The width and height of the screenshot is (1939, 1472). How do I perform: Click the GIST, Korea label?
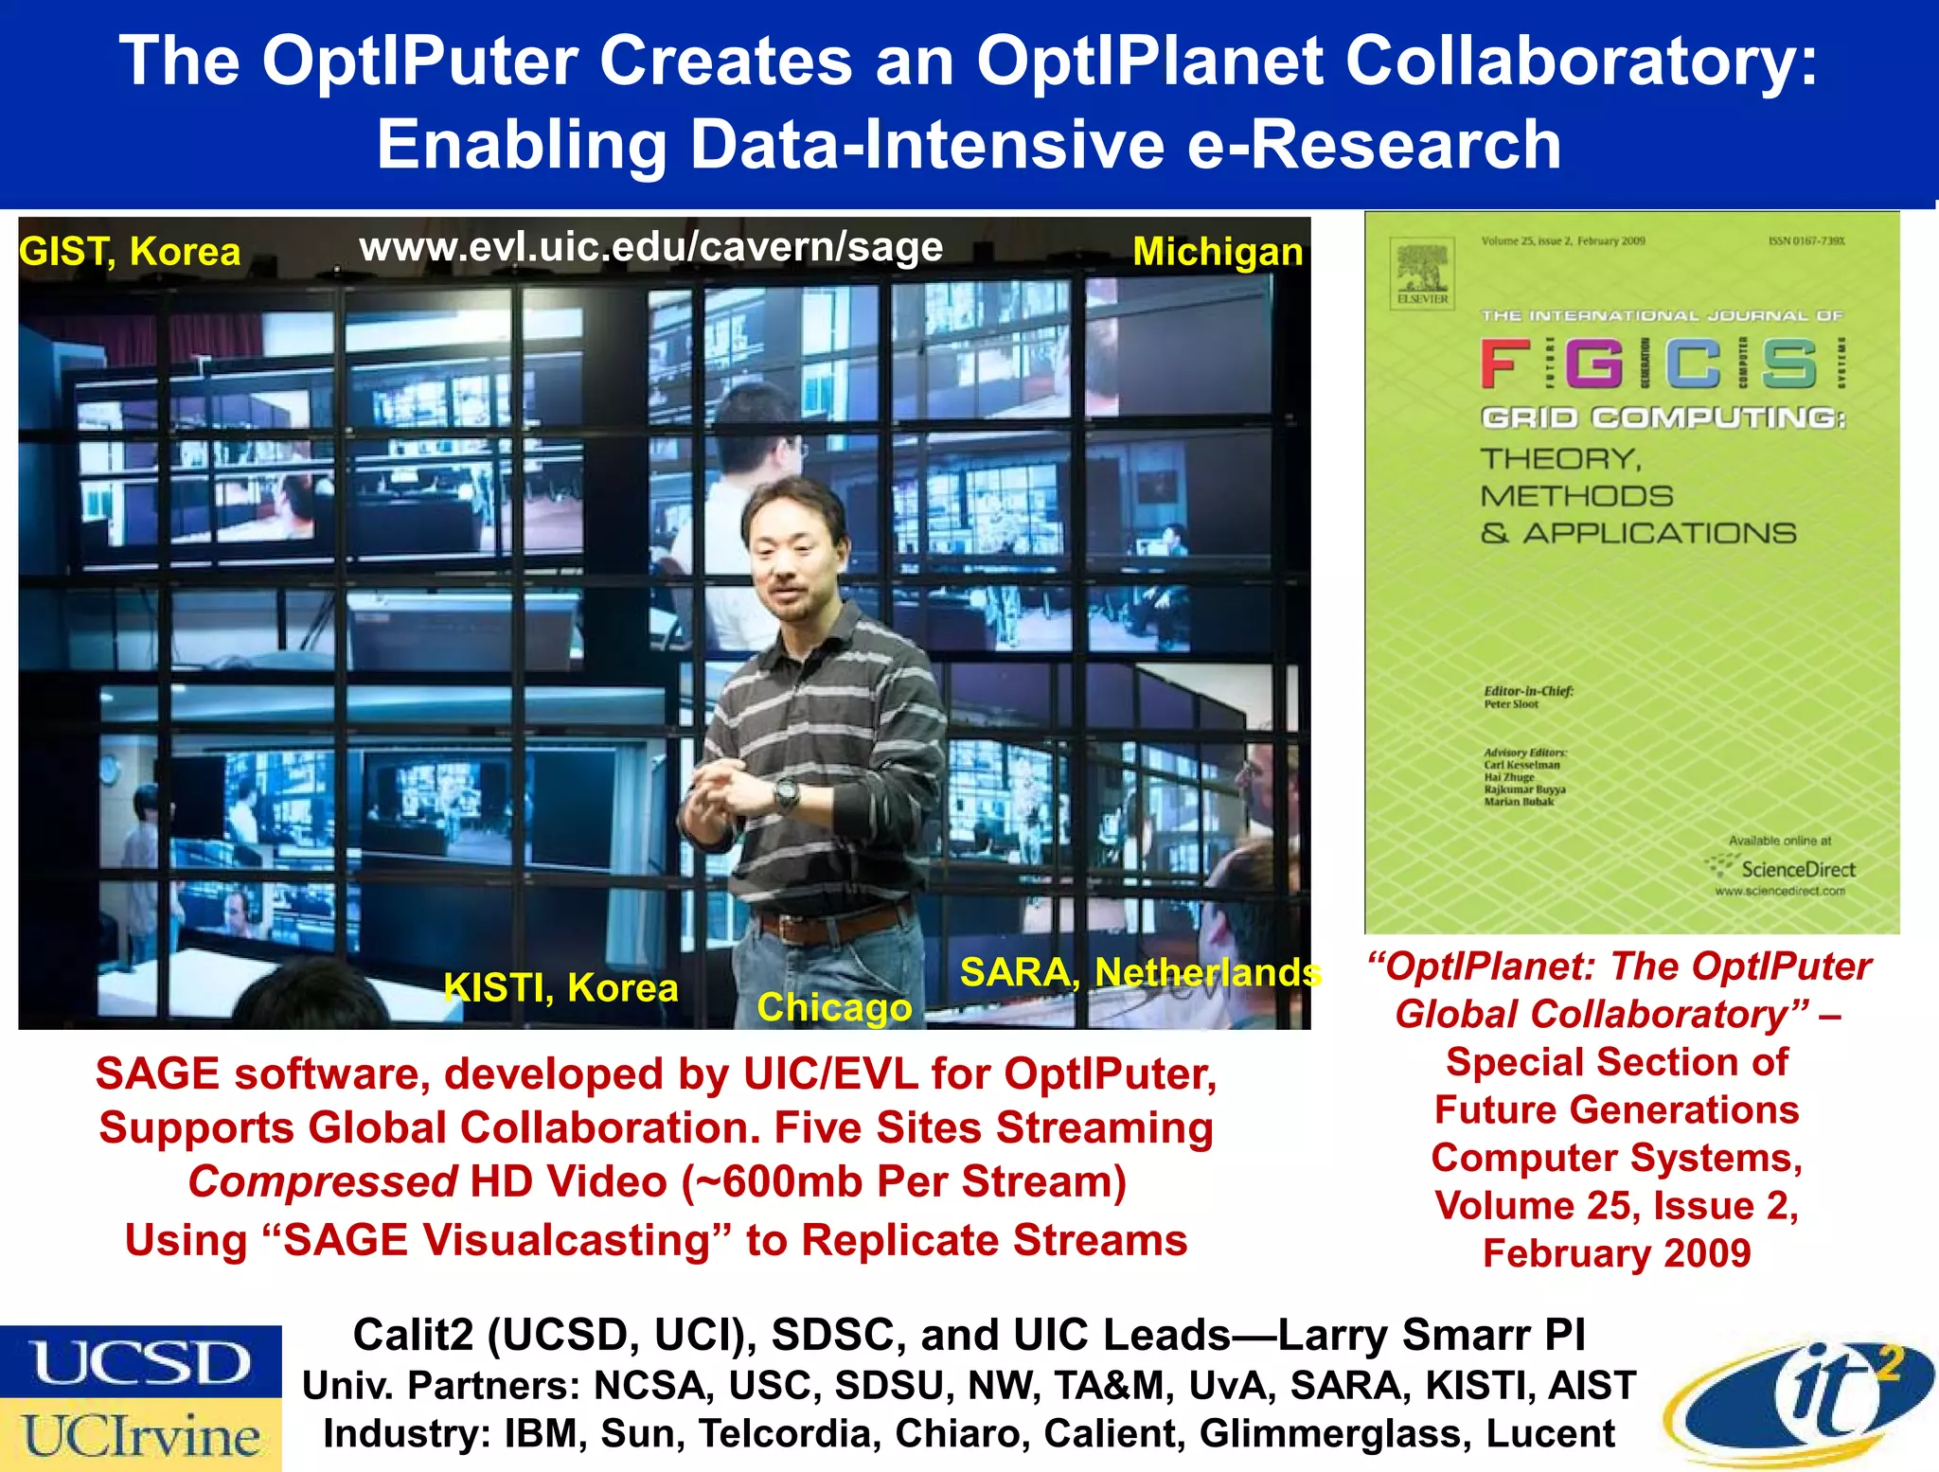click(130, 252)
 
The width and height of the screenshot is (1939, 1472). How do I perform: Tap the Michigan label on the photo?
click(1218, 252)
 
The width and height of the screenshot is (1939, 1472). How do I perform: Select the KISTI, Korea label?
click(560, 988)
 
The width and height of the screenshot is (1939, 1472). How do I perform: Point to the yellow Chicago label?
click(834, 1007)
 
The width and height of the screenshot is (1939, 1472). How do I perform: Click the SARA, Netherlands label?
click(1140, 972)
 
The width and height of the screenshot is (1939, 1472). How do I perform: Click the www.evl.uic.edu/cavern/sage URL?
click(651, 247)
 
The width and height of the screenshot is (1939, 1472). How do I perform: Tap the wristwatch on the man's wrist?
click(787, 793)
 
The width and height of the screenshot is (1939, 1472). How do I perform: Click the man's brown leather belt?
click(833, 925)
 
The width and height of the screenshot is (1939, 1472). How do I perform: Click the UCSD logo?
click(141, 1362)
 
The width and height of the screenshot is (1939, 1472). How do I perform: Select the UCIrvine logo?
click(141, 1435)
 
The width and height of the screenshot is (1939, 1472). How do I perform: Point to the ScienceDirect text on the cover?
click(1797, 869)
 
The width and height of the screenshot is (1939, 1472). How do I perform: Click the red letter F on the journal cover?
click(1505, 364)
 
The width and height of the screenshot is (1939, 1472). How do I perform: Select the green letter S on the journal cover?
click(1789, 364)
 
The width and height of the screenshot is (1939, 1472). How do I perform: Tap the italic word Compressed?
click(323, 1182)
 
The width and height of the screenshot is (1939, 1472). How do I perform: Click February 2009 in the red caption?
click(1616, 1253)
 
